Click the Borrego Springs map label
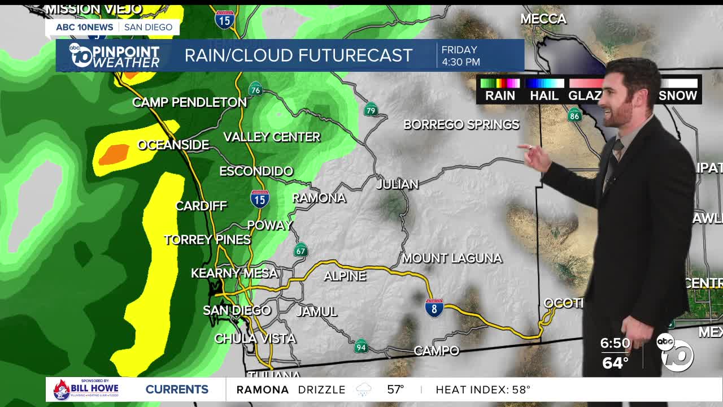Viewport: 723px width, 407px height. [461, 124]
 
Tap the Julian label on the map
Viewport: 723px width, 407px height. [398, 184]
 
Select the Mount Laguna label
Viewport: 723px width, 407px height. [452, 258]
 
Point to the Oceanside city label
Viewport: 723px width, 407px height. [173, 145]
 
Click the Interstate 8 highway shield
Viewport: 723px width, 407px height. [434, 308]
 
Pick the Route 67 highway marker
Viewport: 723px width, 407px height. [300, 250]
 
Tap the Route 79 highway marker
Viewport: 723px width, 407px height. [371, 110]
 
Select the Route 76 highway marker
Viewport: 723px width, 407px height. [255, 89]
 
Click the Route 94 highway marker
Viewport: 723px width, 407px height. [361, 346]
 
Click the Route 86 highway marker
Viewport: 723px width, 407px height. [574, 116]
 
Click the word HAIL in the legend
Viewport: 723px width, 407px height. [544, 96]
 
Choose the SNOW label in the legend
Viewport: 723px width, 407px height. [677, 96]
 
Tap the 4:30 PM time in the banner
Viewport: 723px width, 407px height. [460, 62]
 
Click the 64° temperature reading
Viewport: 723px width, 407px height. [615, 362]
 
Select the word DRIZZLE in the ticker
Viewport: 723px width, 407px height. [321, 389]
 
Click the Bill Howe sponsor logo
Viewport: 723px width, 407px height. [86, 389]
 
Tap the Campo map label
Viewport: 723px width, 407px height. [436, 351]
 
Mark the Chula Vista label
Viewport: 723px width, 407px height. [255, 339]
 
